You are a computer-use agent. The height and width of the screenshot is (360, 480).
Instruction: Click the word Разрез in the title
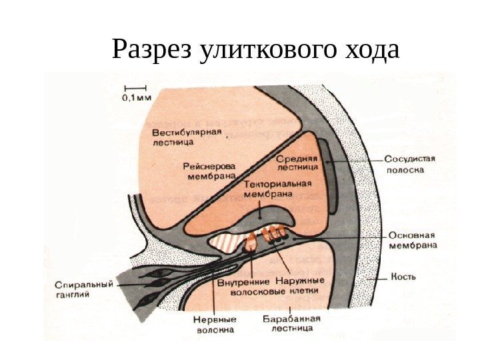click(x=152, y=51)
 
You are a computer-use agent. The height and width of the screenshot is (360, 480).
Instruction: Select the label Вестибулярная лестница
click(x=185, y=137)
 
